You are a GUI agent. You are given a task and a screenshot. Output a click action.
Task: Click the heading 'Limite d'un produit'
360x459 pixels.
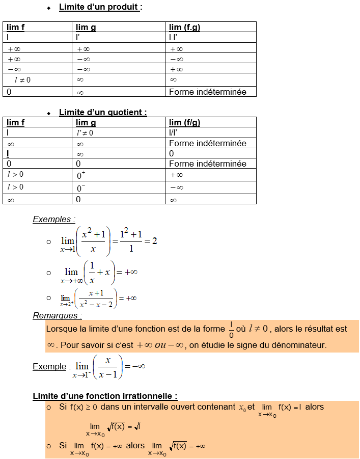(x=100, y=7)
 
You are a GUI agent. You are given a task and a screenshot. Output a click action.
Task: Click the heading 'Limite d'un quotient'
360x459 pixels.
(x=103, y=112)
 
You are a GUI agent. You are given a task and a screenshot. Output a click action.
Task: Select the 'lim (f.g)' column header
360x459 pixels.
(x=184, y=27)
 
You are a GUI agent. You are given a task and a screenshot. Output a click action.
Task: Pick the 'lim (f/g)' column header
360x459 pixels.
(x=184, y=122)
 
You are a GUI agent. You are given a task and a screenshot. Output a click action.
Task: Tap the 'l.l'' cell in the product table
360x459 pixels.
(x=173, y=37)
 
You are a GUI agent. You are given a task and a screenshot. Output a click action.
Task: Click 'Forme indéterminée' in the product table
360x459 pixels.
(x=207, y=92)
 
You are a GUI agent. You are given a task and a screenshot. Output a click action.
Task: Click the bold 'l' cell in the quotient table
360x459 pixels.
(x=8, y=153)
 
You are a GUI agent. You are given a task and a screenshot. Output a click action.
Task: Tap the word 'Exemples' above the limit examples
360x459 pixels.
(x=53, y=220)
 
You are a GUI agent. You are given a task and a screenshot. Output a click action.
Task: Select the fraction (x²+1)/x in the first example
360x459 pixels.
(x=93, y=241)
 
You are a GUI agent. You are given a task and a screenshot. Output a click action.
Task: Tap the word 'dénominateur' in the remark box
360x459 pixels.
(x=301, y=345)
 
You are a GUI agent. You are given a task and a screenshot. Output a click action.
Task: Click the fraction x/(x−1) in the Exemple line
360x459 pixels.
(x=107, y=367)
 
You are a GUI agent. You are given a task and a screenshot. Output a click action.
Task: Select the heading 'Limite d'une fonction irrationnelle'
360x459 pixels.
(x=105, y=396)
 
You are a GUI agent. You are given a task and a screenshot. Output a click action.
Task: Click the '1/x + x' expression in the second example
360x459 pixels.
(x=99, y=272)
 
